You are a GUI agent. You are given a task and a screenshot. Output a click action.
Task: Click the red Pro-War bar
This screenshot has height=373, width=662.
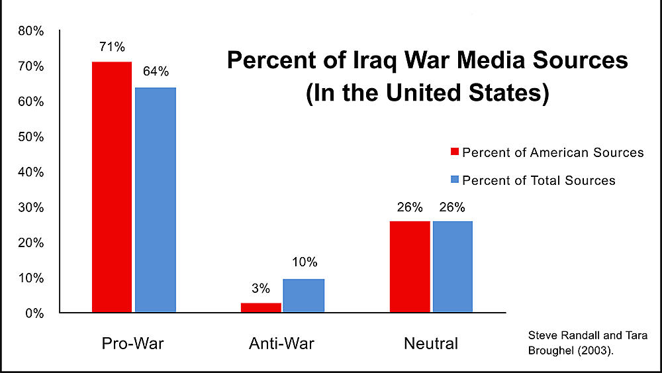pos(112,187)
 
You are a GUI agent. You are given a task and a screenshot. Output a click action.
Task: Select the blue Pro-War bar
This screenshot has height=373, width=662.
pos(155,199)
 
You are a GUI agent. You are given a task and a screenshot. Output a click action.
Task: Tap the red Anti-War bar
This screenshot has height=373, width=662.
pos(260,307)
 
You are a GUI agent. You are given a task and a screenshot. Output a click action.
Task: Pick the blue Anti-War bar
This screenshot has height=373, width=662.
pos(304,295)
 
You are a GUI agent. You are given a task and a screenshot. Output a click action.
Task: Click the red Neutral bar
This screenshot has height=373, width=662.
pos(410,266)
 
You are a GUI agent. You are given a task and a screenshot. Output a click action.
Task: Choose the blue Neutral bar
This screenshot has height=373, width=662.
pos(452,266)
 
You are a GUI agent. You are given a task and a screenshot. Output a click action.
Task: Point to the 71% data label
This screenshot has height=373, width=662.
pos(112,47)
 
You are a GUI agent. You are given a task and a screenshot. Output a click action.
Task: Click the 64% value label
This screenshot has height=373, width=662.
pos(155,71)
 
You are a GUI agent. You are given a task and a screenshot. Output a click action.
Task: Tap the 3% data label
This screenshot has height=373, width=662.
pos(261,288)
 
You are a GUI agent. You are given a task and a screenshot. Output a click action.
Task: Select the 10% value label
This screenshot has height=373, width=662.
pos(304,262)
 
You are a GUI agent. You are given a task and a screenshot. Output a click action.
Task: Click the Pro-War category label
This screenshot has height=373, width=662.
pos(132,344)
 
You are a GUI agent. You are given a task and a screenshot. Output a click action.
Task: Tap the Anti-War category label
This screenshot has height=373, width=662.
pos(281,344)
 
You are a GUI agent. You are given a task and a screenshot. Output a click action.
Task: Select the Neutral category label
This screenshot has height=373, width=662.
pos(431,344)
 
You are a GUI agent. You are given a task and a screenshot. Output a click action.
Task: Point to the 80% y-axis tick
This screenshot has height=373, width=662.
pos(31,31)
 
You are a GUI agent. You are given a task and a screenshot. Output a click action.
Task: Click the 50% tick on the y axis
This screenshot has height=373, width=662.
pos(31,137)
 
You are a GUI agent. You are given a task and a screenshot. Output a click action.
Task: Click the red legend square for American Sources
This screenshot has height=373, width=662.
pos(454,152)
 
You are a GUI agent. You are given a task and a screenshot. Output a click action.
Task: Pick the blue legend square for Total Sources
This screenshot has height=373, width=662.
pos(454,180)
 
